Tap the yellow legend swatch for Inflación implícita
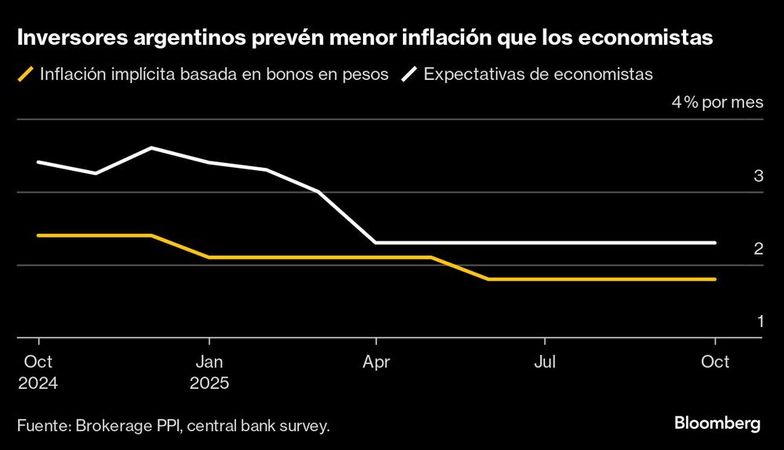coord(26,75)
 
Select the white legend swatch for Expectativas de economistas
coord(410,75)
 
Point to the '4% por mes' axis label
coord(717,103)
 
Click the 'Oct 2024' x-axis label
coord(38,372)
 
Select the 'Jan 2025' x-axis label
coord(209,372)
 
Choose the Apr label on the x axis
coord(377,362)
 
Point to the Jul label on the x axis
coord(545,362)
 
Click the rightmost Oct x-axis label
coord(714,362)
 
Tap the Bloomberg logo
coord(717,424)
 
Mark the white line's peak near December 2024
coord(151,147)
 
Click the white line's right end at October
coord(714,243)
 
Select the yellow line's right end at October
coord(714,279)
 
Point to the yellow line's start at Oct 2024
coord(38,235)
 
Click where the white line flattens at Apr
coord(377,243)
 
